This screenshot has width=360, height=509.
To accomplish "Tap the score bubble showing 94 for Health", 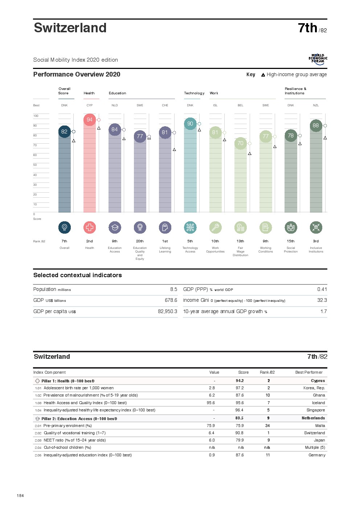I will [90, 120].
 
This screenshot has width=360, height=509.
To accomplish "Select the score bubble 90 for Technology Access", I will [190, 124].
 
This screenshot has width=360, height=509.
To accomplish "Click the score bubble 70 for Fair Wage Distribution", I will [241, 143].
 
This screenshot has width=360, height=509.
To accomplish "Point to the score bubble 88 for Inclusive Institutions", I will [316, 126].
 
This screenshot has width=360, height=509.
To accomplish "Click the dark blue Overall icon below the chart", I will [65, 227].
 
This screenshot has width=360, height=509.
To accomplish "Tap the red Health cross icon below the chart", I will [90, 227].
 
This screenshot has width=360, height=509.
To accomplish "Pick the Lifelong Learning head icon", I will [165, 227].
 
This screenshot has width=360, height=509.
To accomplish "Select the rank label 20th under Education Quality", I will [140, 241].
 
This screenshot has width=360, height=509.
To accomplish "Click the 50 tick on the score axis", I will [35, 165].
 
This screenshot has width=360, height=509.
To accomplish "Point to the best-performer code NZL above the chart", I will [316, 106].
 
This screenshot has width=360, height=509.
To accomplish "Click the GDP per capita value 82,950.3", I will [167, 311].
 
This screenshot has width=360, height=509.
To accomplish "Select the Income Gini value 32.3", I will [322, 300].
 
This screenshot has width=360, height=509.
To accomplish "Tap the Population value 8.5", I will [173, 290].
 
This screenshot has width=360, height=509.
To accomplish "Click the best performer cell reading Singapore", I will [316, 410].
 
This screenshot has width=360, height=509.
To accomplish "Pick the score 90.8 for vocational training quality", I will [239, 433].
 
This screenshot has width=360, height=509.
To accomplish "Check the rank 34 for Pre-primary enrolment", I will [267, 426].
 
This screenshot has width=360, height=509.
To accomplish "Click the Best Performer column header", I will [309, 373].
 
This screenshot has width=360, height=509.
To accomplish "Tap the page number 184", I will [20, 496].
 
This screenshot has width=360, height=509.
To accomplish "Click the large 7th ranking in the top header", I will [307, 28].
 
